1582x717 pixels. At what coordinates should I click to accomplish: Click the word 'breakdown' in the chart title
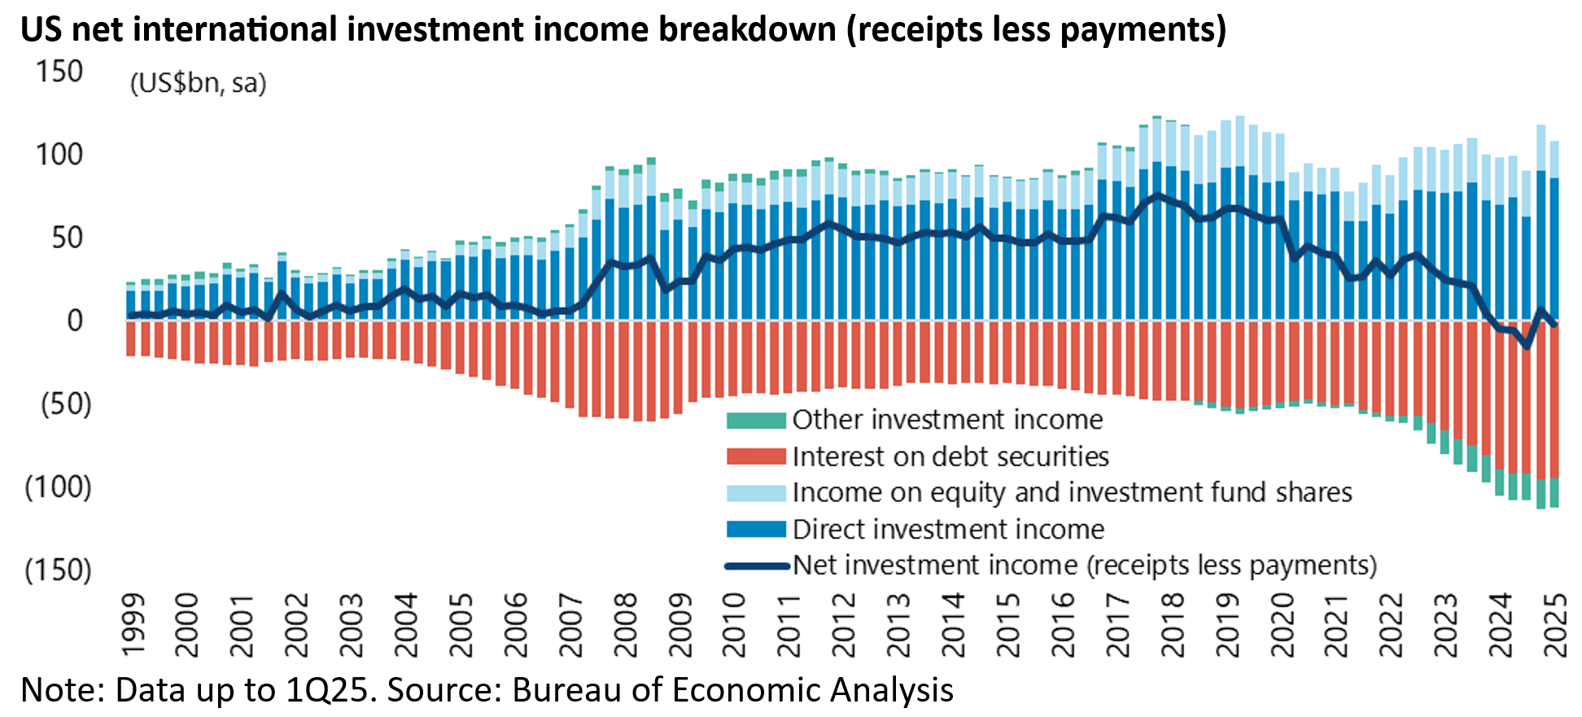tap(747, 29)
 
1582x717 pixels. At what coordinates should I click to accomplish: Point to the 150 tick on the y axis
tap(59, 72)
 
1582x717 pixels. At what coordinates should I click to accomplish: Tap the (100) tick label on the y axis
tap(59, 487)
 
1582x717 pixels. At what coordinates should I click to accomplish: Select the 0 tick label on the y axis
tap(75, 321)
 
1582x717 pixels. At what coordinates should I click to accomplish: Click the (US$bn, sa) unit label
tap(199, 83)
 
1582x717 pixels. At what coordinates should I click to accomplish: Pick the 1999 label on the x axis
tap(133, 624)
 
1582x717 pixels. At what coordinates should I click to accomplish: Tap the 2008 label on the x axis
tap(626, 624)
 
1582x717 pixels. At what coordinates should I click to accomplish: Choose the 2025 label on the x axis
tap(1555, 624)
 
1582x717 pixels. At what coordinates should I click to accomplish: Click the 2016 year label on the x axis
tap(1063, 624)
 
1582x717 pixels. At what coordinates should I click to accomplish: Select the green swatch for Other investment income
tap(756, 420)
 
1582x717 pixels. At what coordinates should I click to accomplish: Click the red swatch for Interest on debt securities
tap(756, 457)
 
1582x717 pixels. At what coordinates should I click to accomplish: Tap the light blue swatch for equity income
tap(756, 492)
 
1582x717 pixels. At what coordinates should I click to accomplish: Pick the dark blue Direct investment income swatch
tap(756, 529)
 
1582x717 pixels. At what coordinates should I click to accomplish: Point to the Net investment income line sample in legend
tap(756, 566)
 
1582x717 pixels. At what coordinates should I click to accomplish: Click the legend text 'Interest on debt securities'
tap(951, 457)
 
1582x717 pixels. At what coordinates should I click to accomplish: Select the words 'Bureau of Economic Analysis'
tap(732, 690)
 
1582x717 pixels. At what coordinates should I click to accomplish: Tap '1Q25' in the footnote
tap(331, 690)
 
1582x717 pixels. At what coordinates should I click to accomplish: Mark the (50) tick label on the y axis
tap(66, 404)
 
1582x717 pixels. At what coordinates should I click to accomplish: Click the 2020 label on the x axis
tap(1282, 624)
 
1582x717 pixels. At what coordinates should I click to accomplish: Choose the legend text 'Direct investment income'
tap(948, 529)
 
